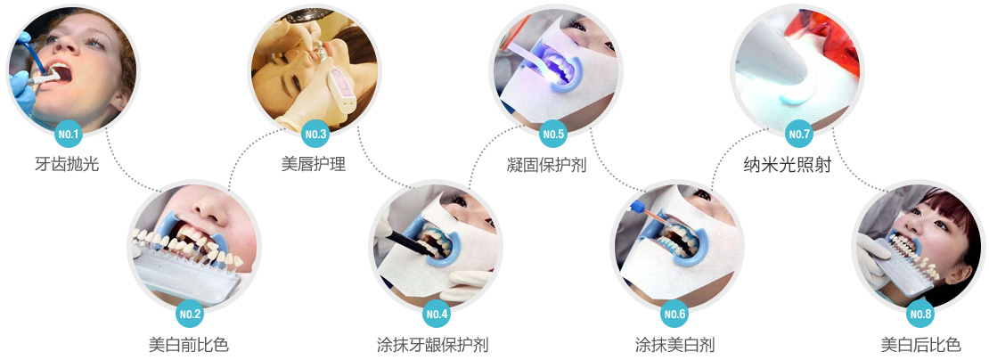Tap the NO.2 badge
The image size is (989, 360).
coord(191,314)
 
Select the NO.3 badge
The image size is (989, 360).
coord(315,134)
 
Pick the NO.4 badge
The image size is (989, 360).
coord(437,314)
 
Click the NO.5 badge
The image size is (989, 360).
coord(553,134)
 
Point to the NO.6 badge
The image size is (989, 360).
coord(674,314)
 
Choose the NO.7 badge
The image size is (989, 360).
coord(799,134)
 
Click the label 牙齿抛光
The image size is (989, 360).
coord(67,165)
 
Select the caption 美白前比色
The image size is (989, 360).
coord(189,346)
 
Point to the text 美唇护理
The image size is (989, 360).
coord(314,165)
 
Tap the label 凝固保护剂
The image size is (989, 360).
coord(547,165)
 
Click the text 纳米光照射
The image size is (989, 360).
coord(788,165)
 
